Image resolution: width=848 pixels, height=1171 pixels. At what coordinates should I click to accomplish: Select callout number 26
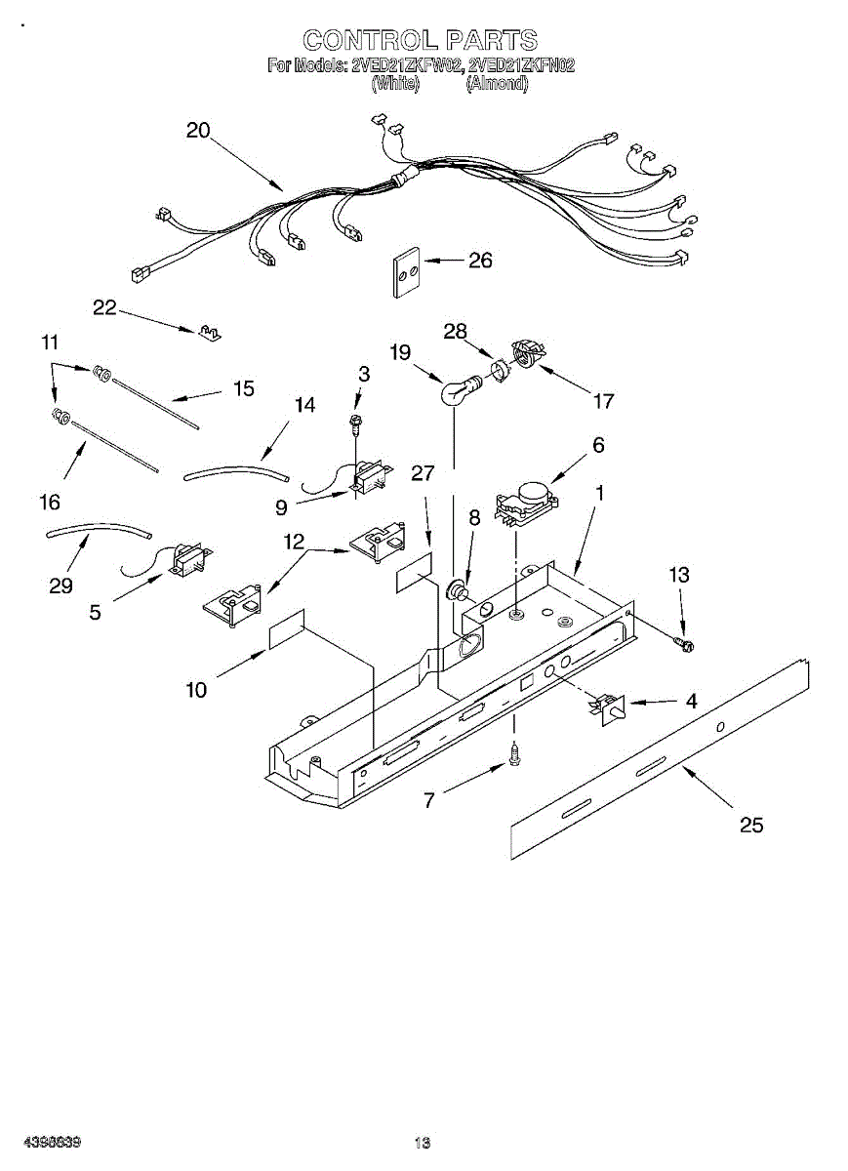[x=479, y=260]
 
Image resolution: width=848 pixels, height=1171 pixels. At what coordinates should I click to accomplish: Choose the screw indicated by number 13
[x=683, y=642]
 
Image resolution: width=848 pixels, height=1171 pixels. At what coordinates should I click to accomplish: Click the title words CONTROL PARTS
[x=420, y=40]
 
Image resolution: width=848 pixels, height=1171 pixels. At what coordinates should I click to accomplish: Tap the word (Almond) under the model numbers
[x=497, y=84]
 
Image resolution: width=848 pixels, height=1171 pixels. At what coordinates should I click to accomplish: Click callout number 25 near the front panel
[x=750, y=825]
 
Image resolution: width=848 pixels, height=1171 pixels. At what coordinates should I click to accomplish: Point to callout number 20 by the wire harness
[x=198, y=130]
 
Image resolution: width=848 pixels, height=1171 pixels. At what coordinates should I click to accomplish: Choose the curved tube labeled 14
[x=237, y=472]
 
